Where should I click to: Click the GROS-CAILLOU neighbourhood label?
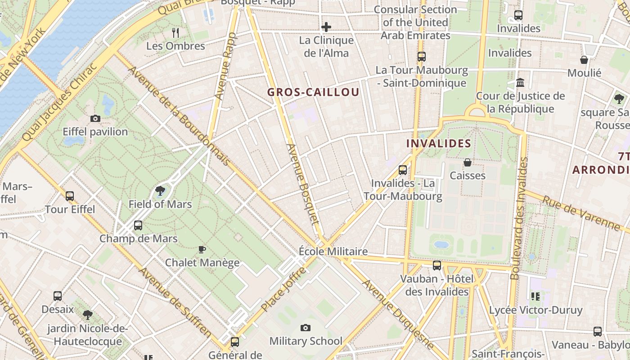313,92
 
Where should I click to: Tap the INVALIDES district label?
438,144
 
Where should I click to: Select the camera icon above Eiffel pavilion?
95,119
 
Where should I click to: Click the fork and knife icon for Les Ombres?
175,32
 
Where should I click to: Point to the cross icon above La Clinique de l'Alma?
326,27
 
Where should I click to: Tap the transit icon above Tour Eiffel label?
70,196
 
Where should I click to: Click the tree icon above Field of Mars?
160,191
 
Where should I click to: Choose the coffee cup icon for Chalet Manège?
202,249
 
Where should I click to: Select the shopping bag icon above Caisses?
468,162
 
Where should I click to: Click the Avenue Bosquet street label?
302,184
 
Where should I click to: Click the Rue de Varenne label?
581,214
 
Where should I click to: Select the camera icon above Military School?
306,328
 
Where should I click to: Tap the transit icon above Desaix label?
58,296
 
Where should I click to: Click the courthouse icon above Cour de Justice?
521,83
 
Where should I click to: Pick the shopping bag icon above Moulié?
584,60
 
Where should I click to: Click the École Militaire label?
333,252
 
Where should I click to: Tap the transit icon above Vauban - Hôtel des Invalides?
436,265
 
